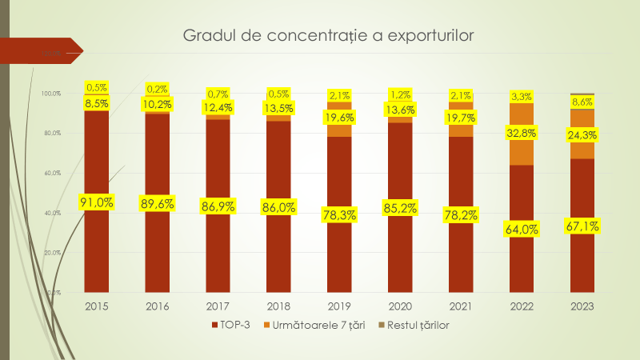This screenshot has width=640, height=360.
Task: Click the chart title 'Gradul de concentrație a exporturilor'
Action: coord(329,36)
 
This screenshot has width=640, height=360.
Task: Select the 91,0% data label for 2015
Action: coord(97,202)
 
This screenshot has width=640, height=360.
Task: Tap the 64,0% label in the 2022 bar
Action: coord(522,229)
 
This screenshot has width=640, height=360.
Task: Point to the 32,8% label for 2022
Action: coord(522,133)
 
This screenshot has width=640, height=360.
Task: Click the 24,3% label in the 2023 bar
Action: coord(582,135)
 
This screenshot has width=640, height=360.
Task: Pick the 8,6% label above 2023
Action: coord(582,102)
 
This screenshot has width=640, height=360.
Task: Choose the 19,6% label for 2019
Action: coord(340,118)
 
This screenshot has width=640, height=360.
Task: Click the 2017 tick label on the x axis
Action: coord(218,306)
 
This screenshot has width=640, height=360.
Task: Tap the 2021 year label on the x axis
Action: coord(461,306)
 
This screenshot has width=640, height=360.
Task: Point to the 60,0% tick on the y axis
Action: coord(51,173)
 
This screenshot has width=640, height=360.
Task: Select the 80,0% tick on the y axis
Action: coord(51,133)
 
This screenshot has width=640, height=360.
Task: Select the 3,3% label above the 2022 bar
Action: coord(522,97)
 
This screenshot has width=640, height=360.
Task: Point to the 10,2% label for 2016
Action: coord(158,104)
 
